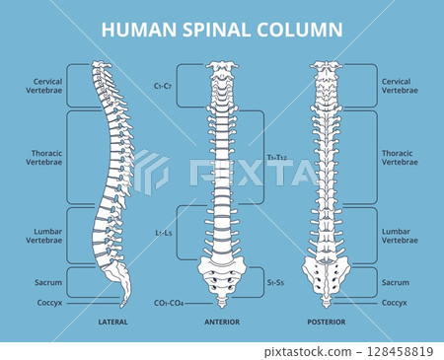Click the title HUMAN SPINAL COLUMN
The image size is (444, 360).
[x=222, y=30]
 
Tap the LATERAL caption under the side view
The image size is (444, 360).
[x=112, y=322]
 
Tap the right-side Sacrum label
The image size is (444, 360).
[x=396, y=282]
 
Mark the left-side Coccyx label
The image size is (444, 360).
[x=50, y=303]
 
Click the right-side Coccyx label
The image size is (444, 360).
[x=396, y=303]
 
